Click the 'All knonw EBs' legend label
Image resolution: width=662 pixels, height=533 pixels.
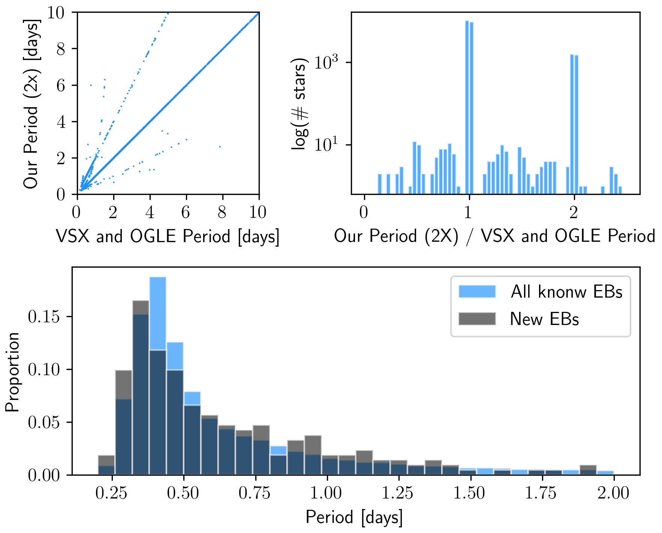pos(566,292)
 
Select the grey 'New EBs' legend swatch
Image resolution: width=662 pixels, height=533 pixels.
pos(477,319)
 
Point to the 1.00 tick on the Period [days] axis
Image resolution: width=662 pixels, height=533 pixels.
pos(326,493)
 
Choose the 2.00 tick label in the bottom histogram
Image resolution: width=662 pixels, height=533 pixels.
pos(613,493)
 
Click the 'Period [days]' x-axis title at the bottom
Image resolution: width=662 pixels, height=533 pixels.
pos(354,518)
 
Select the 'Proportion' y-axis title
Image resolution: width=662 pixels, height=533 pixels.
pos(12,372)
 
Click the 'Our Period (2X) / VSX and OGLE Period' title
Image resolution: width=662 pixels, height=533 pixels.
pos(494,237)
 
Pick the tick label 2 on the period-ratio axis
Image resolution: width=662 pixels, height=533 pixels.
pos(574,213)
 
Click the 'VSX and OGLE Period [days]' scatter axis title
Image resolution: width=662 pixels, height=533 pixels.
pos(168,237)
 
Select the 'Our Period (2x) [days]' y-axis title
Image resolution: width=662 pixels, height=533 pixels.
pos(31,104)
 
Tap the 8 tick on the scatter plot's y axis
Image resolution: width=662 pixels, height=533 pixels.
pos(61,49)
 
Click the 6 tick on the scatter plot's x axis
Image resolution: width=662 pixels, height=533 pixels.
pos(186,213)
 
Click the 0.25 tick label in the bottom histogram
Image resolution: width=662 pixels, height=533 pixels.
pos(111,493)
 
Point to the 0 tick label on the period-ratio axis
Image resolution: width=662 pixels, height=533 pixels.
pos(364,213)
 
